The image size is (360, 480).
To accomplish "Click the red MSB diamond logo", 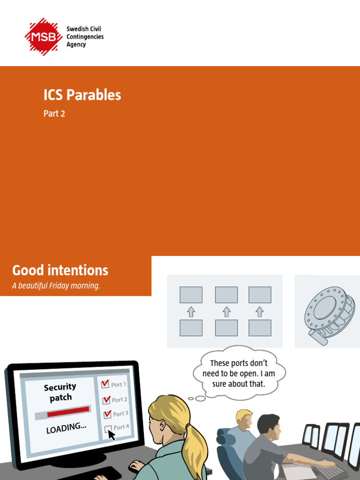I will pyautogui.click(x=43, y=37).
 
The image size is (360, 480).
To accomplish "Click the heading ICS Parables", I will pyautogui.click(x=82, y=95).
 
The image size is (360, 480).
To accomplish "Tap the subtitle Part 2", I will pyautogui.click(x=54, y=114).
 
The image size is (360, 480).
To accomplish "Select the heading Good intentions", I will pyautogui.click(x=60, y=270).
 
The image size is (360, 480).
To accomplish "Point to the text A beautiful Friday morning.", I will pyautogui.click(x=56, y=286).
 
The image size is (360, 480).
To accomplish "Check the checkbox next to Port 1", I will pyautogui.click(x=105, y=384).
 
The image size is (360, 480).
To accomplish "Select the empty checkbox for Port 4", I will pyautogui.click(x=108, y=428).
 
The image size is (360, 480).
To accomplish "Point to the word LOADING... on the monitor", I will pyautogui.click(x=66, y=428).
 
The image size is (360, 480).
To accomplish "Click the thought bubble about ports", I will pyautogui.click(x=239, y=374).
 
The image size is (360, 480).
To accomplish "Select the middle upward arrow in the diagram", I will pyautogui.click(x=226, y=312).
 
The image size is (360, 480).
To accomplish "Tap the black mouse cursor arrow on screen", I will pyautogui.click(x=112, y=435).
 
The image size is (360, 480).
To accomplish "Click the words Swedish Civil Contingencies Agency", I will pyautogui.click(x=85, y=37).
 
